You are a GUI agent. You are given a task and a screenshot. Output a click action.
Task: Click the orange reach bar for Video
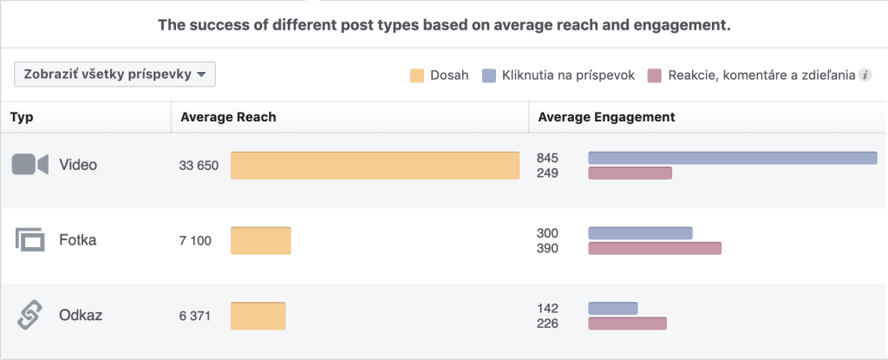point(375,166)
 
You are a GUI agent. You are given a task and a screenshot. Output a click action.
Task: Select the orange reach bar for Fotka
point(260,241)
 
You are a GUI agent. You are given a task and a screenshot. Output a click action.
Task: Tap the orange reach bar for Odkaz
point(258,316)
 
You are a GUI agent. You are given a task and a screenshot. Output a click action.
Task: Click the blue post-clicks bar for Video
point(732,158)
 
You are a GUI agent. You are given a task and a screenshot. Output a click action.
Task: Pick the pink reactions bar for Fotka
point(655,249)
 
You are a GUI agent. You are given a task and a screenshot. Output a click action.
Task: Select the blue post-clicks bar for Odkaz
point(612,308)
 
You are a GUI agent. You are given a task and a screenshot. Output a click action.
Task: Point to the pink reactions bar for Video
point(630,173)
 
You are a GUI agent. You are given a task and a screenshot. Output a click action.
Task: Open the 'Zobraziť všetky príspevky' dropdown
point(114,75)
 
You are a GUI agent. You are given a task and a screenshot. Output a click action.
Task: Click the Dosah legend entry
point(440,75)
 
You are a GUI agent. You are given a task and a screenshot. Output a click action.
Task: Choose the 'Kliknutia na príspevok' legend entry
point(557,75)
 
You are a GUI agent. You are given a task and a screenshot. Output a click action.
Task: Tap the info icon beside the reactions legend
point(864,75)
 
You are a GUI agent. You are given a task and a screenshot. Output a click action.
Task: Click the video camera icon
point(29,165)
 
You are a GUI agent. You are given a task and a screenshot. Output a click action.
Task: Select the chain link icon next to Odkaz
point(29,316)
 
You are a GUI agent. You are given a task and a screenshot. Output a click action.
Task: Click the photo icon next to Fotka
point(29,240)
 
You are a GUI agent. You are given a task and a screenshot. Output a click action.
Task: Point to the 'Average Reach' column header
point(228,117)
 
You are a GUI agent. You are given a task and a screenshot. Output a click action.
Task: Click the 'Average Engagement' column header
point(606,117)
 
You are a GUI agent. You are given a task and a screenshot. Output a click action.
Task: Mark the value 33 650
point(199,166)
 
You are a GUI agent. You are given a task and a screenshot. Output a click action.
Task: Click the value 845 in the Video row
point(547,158)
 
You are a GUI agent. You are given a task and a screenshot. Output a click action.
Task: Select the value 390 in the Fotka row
point(547,249)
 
